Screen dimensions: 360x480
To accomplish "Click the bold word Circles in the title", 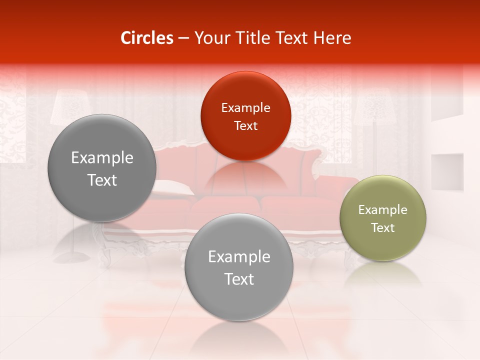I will click(147, 38).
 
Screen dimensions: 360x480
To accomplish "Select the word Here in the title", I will click(332, 38).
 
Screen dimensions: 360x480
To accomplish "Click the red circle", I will click(245, 116).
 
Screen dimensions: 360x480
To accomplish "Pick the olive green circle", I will click(382, 218).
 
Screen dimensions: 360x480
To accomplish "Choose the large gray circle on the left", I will click(102, 168).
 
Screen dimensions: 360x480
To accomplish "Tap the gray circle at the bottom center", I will click(238, 267).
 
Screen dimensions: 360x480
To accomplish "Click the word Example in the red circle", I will click(245, 108).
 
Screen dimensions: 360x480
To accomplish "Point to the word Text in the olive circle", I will click(382, 228).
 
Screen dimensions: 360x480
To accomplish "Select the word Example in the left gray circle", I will click(102, 158).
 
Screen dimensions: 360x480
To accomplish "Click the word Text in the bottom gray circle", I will click(239, 279).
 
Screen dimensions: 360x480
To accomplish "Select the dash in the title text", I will click(183, 38).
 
